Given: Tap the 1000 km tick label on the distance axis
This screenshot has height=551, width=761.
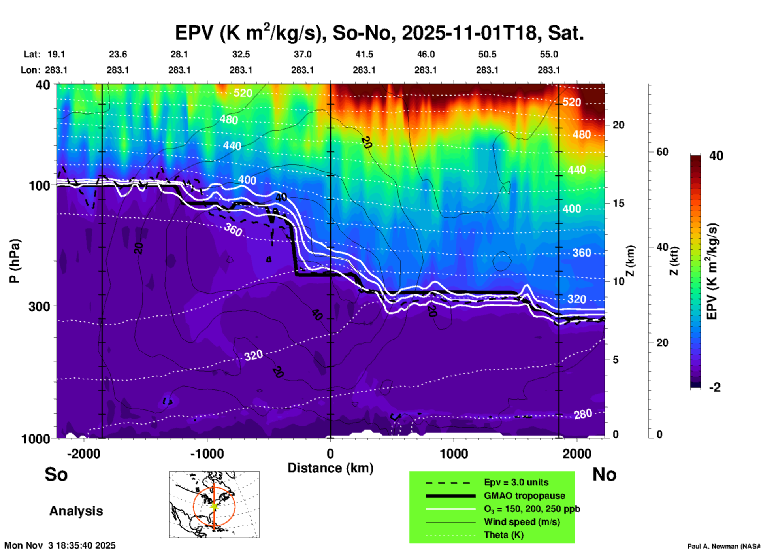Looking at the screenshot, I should click(x=454, y=454).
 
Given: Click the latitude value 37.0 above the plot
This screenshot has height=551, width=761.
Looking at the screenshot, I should click(x=302, y=54).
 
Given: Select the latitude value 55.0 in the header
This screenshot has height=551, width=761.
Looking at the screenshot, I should click(x=549, y=54).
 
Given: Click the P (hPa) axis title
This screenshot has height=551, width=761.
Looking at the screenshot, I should click(x=15, y=261).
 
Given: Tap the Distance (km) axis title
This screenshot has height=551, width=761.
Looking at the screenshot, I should click(x=330, y=468).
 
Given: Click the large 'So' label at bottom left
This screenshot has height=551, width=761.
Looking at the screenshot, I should click(x=56, y=474).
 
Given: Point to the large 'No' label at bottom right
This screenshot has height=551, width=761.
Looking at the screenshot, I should click(x=604, y=474).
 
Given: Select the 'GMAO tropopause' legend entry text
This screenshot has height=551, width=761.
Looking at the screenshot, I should click(x=524, y=496).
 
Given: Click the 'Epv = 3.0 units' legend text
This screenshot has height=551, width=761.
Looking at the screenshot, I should click(x=516, y=483).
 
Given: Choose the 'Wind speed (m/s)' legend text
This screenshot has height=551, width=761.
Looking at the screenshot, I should click(x=522, y=522).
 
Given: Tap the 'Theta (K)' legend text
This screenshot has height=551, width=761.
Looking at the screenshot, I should click(x=504, y=535).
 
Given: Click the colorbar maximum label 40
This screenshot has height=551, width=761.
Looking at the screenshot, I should click(x=716, y=156).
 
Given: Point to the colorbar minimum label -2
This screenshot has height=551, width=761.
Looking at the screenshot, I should click(x=715, y=387).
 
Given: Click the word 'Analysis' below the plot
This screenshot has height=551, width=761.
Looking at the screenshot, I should click(x=76, y=511).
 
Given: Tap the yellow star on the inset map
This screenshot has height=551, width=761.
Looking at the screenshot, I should click(x=214, y=506).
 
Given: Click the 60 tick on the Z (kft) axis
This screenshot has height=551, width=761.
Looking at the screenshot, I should click(x=662, y=152).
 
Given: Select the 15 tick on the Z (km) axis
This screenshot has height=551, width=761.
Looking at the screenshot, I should click(x=618, y=203).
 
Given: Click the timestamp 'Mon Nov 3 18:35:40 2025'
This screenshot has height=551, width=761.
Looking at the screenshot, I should click(x=60, y=545).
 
